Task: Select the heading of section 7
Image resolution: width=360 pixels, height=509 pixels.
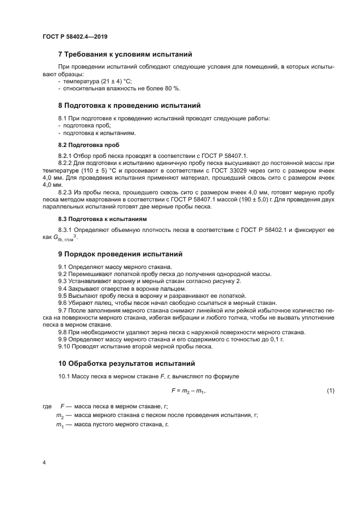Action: (x=125, y=54)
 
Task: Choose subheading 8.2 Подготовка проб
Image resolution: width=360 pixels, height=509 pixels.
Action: (x=89, y=145)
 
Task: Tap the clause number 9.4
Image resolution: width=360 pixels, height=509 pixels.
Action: (x=63, y=288)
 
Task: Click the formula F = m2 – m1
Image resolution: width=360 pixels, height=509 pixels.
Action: (x=188, y=391)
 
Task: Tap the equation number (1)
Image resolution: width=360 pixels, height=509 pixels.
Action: (x=330, y=391)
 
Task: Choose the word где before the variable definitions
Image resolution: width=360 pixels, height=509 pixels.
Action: (x=46, y=406)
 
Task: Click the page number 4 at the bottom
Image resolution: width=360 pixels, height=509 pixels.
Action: (x=44, y=462)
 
